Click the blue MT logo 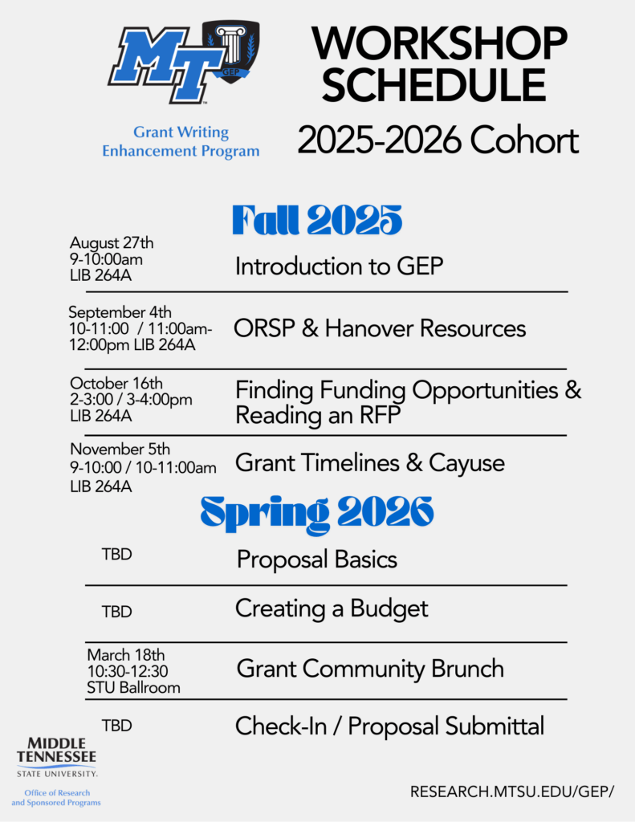165,64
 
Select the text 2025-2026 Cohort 438,140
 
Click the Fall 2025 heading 317,220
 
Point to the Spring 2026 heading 317,511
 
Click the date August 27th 112,242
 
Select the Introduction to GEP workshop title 339,267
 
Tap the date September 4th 120,312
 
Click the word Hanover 366,328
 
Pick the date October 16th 116,383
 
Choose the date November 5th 120,450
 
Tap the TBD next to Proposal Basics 117,554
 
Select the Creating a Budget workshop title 332,609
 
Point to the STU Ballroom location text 134,687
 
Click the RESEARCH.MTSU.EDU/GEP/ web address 512,791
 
